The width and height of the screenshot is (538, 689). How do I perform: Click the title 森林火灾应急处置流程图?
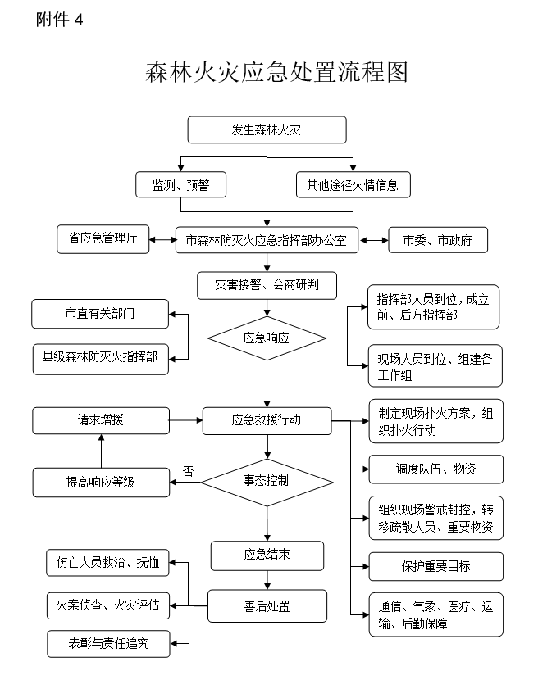point(276,73)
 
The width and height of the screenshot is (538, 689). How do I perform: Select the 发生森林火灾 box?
point(267,129)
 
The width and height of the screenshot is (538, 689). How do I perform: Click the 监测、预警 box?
point(180,185)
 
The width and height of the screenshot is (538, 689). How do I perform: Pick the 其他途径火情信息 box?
point(353,185)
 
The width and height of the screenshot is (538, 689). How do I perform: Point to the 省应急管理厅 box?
point(103,238)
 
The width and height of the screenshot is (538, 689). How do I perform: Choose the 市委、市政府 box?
point(438,241)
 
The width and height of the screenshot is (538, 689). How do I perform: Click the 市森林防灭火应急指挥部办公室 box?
point(267,241)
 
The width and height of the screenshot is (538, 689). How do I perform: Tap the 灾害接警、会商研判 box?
point(267,285)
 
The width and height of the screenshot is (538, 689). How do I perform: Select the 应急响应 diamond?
point(267,338)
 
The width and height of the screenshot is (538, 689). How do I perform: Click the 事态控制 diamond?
point(267,481)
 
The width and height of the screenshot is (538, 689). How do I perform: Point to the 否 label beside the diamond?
point(188,471)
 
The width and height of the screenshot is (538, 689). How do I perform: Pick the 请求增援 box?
point(101,421)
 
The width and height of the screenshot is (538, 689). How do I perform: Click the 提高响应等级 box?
point(101,482)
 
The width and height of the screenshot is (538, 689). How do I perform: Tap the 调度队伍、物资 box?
point(435,469)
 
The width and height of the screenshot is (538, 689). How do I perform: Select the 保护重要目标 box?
point(435,566)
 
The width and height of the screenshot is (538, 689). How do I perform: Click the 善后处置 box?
point(267,606)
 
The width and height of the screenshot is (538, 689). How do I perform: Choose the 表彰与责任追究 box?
point(109,644)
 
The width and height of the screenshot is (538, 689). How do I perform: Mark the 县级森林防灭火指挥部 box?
point(100,357)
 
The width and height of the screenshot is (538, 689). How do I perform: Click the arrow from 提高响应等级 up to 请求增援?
point(101,451)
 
